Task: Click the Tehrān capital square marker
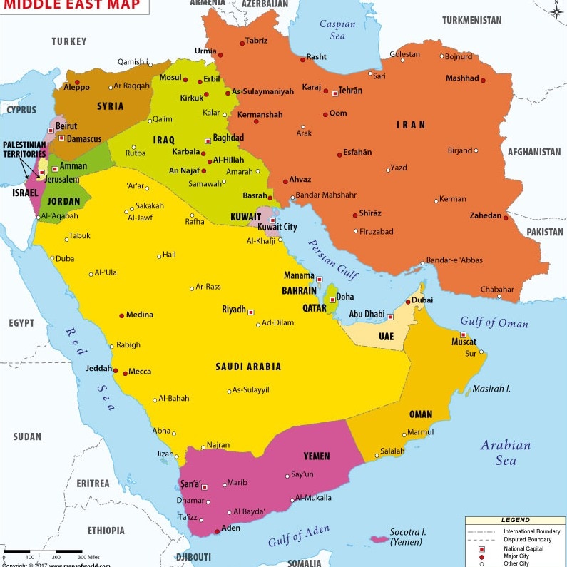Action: click(x=334, y=93)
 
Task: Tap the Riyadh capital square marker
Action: click(x=250, y=312)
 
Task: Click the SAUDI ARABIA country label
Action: click(x=248, y=367)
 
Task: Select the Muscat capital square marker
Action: click(x=464, y=334)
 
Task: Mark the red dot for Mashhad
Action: click(x=483, y=80)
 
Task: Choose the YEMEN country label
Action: click(x=317, y=456)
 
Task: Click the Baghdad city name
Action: click(x=228, y=138)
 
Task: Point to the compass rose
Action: click(x=556, y=10)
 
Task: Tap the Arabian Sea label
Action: click(x=505, y=452)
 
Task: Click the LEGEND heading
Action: click(x=515, y=521)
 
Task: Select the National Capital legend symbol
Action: click(x=481, y=548)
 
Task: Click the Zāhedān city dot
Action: click(x=506, y=217)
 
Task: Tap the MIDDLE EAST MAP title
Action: click(x=71, y=6)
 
